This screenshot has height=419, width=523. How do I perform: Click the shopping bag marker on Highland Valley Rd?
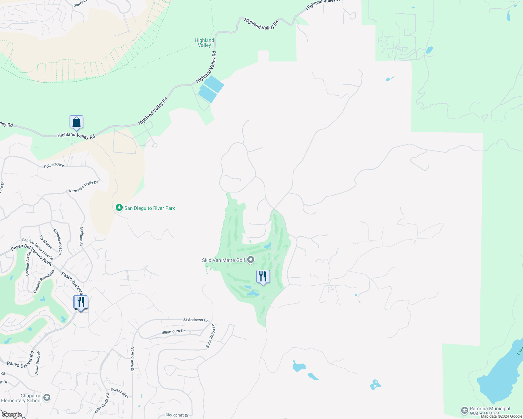click(76, 123)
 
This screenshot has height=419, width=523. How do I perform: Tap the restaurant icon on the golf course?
click(263, 277)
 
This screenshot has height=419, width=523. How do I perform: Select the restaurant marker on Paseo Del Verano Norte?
click(81, 302)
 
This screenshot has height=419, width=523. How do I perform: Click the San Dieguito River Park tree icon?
click(119, 208)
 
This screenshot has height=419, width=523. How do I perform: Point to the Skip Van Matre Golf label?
click(224, 260)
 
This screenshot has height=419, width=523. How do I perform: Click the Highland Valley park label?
click(205, 43)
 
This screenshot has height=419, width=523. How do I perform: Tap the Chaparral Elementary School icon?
click(47, 398)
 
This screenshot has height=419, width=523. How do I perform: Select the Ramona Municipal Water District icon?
click(465, 410)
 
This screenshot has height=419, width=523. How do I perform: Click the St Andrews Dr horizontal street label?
click(195, 320)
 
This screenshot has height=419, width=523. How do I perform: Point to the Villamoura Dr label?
click(173, 332)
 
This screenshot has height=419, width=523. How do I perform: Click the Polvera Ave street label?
click(54, 165)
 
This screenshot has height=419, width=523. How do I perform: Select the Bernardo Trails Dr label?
click(84, 186)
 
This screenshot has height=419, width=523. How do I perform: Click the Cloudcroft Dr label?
click(177, 415)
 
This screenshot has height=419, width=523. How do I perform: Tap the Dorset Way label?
click(120, 392)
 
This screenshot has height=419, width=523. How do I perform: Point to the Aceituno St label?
click(81, 236)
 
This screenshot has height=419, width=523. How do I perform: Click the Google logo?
click(12, 415)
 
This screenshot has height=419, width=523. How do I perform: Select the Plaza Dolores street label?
click(37, 363)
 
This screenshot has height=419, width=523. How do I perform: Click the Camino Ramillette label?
click(44, 281)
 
